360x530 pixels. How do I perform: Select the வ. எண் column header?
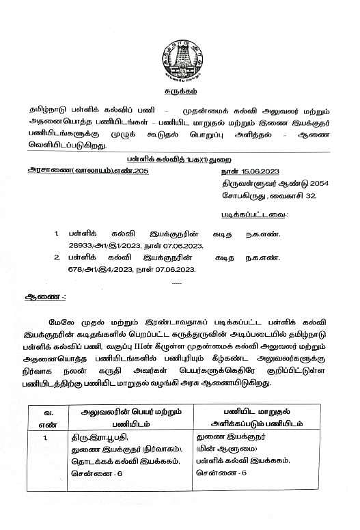(x=49, y=417)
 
